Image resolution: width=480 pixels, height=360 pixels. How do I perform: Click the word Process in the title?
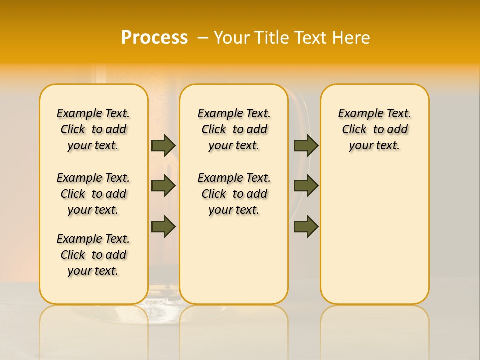(154, 37)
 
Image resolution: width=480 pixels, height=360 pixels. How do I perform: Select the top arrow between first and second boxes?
(163, 145)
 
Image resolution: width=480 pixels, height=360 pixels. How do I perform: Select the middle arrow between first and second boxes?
(163, 186)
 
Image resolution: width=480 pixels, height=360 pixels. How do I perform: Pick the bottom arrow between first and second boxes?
(163, 227)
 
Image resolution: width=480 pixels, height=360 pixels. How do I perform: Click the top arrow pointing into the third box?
(306, 145)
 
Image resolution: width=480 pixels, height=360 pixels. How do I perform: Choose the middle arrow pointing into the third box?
(306, 186)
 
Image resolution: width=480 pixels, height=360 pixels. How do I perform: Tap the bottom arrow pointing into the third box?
(306, 227)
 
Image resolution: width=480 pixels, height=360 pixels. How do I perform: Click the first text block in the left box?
(93, 129)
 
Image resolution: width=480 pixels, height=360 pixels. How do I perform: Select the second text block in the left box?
(93, 194)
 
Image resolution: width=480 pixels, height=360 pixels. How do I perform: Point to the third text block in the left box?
(93, 255)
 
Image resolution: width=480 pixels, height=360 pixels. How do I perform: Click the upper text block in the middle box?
(234, 129)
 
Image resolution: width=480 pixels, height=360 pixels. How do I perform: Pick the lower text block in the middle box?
(234, 194)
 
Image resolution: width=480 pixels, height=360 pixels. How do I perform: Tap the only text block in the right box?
(374, 129)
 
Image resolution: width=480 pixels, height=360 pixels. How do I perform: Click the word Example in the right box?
(356, 114)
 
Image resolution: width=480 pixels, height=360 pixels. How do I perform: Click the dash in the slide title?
(202, 38)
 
